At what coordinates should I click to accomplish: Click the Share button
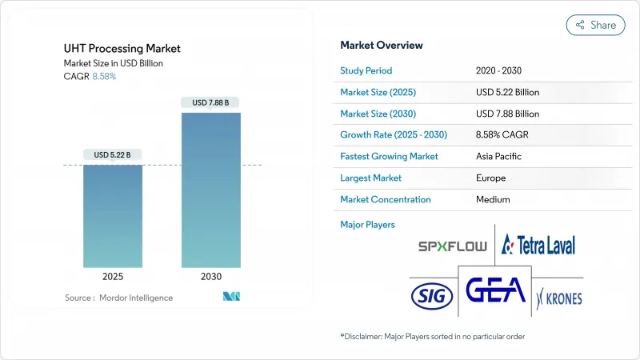pyautogui.click(x=595, y=25)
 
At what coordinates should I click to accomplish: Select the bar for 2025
pyautogui.click(x=113, y=216)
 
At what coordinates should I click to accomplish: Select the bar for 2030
pyautogui.click(x=210, y=190)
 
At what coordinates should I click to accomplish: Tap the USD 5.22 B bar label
pyautogui.click(x=113, y=154)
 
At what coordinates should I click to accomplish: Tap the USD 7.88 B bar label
pyautogui.click(x=210, y=102)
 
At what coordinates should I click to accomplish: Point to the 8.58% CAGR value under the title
pyautogui.click(x=104, y=76)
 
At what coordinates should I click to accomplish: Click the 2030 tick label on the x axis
pyautogui.click(x=210, y=275)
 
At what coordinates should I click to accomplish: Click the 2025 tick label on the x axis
pyautogui.click(x=113, y=275)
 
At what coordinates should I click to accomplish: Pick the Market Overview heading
pyautogui.click(x=382, y=46)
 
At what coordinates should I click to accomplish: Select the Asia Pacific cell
pyautogui.click(x=498, y=157)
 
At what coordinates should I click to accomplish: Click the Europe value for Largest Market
pyautogui.click(x=490, y=178)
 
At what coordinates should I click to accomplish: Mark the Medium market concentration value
pyautogui.click(x=493, y=199)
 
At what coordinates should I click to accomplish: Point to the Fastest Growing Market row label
pyautogui.click(x=388, y=157)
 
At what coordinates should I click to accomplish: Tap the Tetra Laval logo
pyautogui.click(x=538, y=244)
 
